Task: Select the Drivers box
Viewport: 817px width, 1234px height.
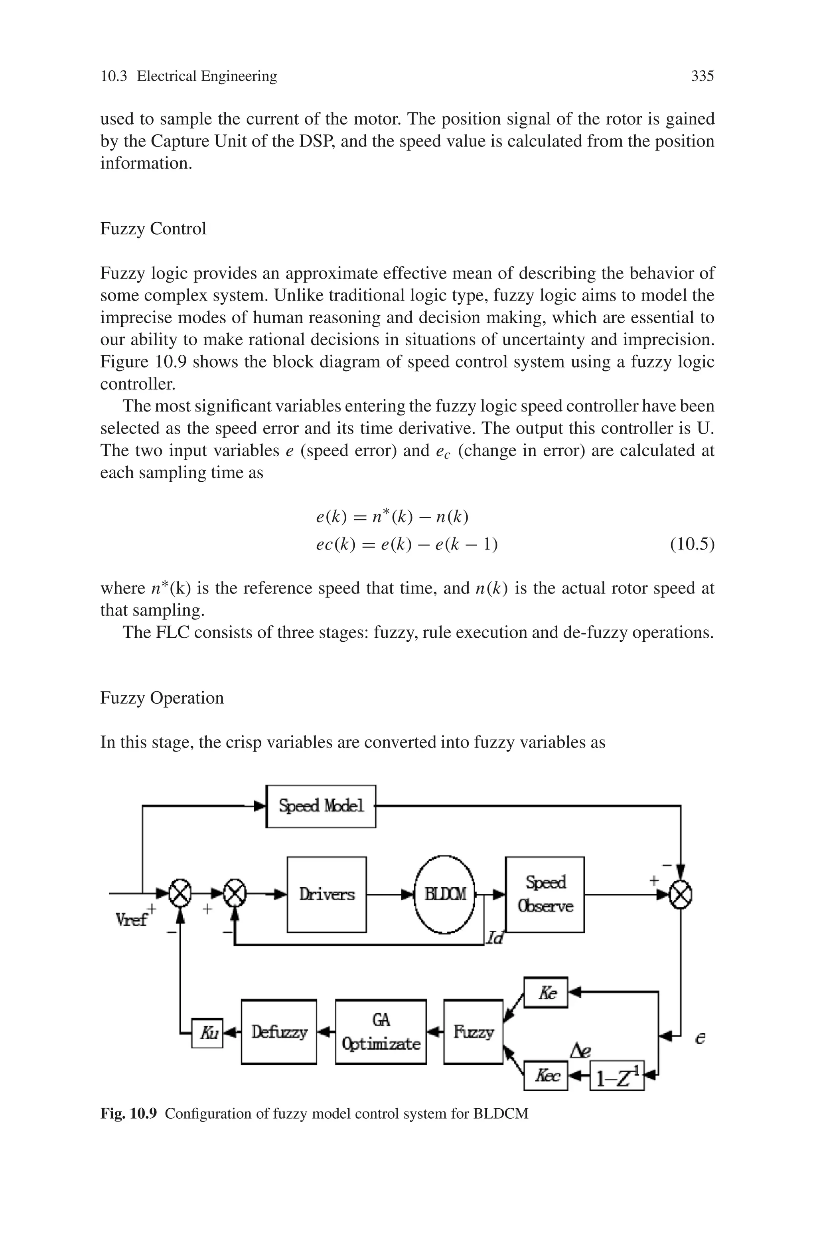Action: pos(327,894)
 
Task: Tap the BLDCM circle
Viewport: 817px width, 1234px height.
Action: pos(444,894)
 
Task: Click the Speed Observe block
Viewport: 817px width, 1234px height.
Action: pos(545,894)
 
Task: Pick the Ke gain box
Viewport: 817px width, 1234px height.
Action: pos(546,992)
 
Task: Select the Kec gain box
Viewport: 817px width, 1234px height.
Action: pos(546,1075)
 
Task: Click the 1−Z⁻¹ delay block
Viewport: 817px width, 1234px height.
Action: pos(617,1076)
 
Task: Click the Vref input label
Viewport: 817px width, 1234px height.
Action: pos(131,920)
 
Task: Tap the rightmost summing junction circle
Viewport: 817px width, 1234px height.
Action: pos(681,895)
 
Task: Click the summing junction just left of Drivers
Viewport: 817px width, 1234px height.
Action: pos(235,894)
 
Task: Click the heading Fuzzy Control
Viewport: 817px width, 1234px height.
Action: pos(153,228)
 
